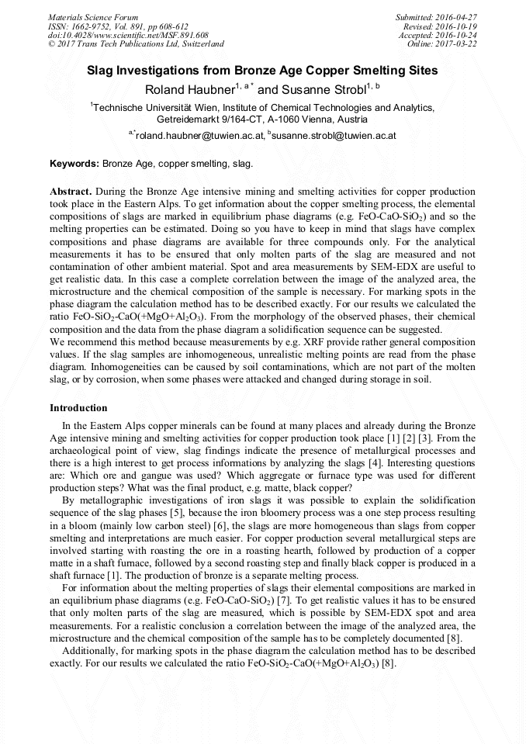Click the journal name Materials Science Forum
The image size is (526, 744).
point(93,17)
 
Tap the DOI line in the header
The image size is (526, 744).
point(128,35)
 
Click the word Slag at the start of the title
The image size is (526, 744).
point(101,71)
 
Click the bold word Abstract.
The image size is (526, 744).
point(71,191)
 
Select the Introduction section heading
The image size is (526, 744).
point(78,408)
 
